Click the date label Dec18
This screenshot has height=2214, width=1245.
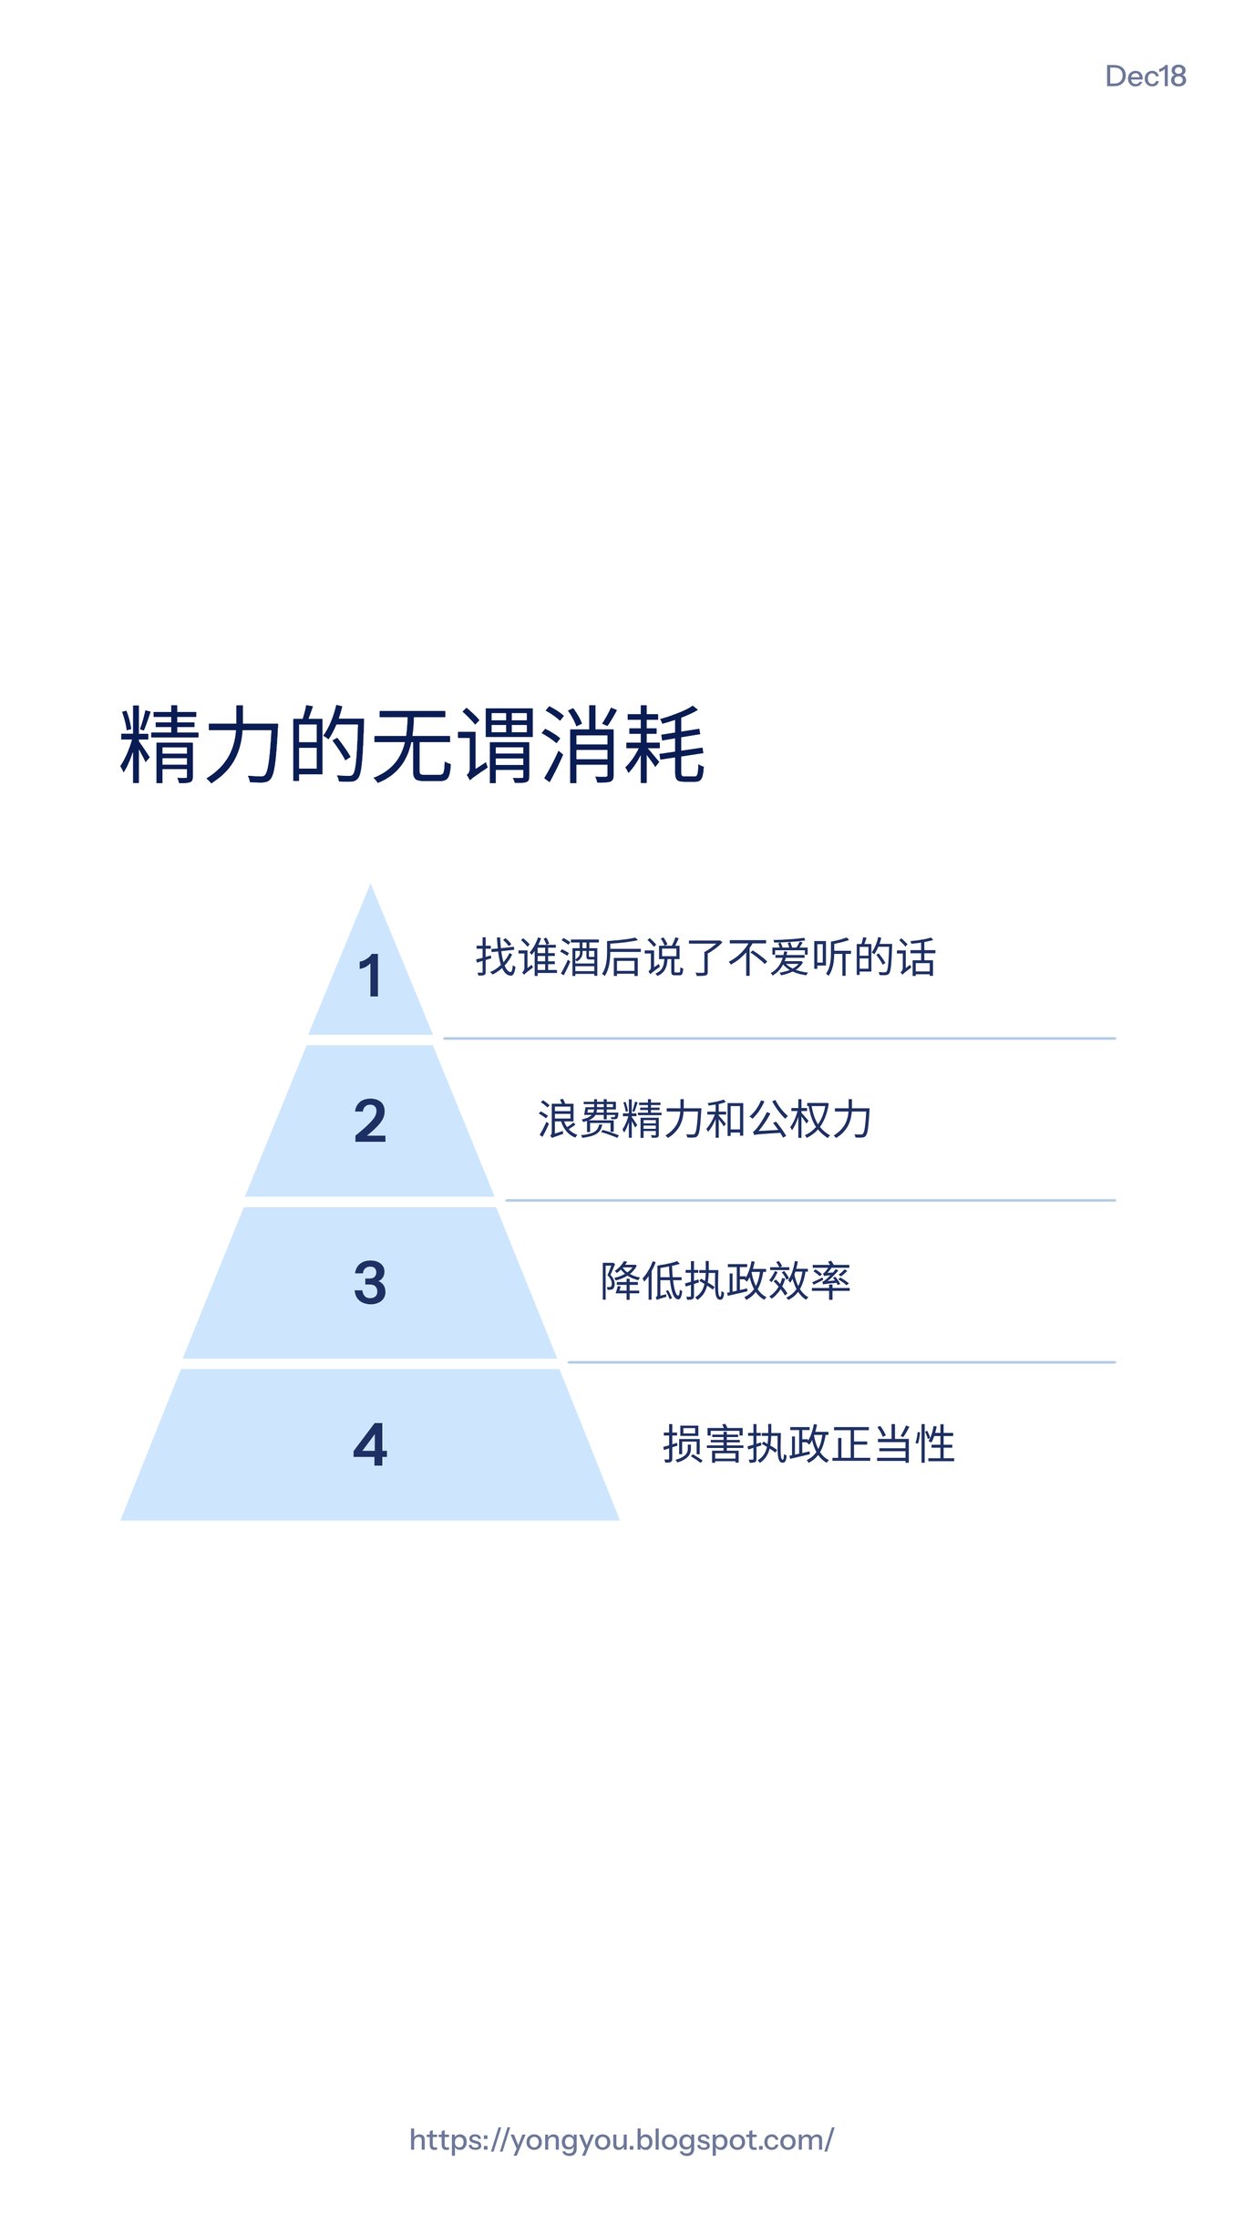tap(1145, 77)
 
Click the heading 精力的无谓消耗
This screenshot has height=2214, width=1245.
tap(412, 745)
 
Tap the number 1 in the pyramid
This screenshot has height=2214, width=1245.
tap(370, 977)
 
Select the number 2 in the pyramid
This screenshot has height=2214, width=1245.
tap(370, 1121)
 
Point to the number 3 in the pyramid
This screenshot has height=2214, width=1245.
tap(370, 1283)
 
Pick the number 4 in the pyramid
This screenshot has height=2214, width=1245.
tap(370, 1445)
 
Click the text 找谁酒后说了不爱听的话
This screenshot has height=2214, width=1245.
tap(705, 958)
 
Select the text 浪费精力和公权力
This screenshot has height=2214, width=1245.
tap(705, 1120)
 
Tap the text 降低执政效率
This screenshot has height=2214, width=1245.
tap(725, 1281)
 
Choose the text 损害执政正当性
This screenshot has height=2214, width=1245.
tap(808, 1444)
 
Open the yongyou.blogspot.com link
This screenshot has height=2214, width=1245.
tap(622, 2140)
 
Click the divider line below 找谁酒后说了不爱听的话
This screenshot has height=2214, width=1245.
tap(779, 1038)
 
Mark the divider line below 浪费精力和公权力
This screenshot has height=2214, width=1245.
tap(810, 1200)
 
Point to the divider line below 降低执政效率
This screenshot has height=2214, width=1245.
tap(841, 1362)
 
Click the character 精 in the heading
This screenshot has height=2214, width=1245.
tap(160, 745)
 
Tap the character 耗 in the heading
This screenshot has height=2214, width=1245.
tap(664, 745)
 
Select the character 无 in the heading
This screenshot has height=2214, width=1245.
tap(412, 745)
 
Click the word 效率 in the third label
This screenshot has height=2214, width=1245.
tap(809, 1281)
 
